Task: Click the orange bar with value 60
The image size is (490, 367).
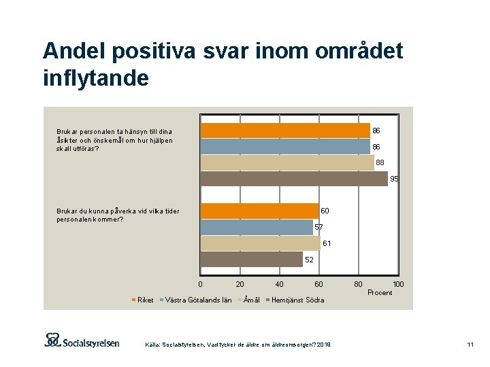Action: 260,211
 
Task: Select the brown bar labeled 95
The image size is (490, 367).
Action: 294,179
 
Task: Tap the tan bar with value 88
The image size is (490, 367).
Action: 287,162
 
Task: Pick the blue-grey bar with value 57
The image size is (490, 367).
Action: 257,227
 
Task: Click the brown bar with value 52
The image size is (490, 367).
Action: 252,259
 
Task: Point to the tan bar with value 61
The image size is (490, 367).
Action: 261,243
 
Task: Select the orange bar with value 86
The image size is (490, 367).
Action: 285,130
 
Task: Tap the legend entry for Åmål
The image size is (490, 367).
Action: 251,300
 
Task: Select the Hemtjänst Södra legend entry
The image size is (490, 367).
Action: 297,300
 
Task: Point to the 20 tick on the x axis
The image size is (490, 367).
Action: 240,284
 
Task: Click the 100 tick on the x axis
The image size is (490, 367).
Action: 399,284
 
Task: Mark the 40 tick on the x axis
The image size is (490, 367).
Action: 279,284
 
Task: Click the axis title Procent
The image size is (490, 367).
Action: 380,293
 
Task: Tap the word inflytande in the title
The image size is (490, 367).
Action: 95,78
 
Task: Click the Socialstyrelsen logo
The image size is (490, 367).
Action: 82,341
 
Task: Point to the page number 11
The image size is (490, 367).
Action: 470,345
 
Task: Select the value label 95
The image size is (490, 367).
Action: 395,179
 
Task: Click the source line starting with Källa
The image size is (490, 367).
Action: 238,345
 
